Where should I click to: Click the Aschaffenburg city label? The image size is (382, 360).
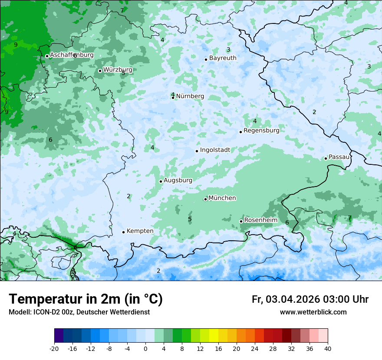coord(72,55)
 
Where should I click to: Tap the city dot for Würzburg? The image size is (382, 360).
coord(100,71)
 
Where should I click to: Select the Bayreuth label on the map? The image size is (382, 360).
coord(223,58)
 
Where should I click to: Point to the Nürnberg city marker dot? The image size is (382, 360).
coord(173,98)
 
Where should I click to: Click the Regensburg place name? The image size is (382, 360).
coord(261,130)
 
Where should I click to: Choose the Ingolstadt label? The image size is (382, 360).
coord(215,150)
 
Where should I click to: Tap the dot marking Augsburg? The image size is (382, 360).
coord(161,181)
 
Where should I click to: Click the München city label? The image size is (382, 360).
coord(222,198)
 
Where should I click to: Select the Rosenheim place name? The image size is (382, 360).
coord(260,220)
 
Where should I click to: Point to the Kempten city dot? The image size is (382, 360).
coord(123,232)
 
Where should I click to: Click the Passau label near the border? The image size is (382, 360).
coord(339,157)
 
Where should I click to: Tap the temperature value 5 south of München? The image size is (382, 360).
coord(190,219)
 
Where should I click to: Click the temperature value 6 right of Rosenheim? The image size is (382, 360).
coord(287,223)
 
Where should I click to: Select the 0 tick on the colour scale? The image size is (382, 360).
coord(145,348)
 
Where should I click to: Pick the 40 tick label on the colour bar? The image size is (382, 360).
coord(327,348)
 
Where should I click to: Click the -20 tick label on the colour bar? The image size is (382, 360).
coord(54,348)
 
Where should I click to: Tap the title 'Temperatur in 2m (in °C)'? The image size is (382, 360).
coord(86,299)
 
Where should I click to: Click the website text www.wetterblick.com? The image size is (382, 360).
coord(313,312)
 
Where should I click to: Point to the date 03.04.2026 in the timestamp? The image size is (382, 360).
coord(293,299)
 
